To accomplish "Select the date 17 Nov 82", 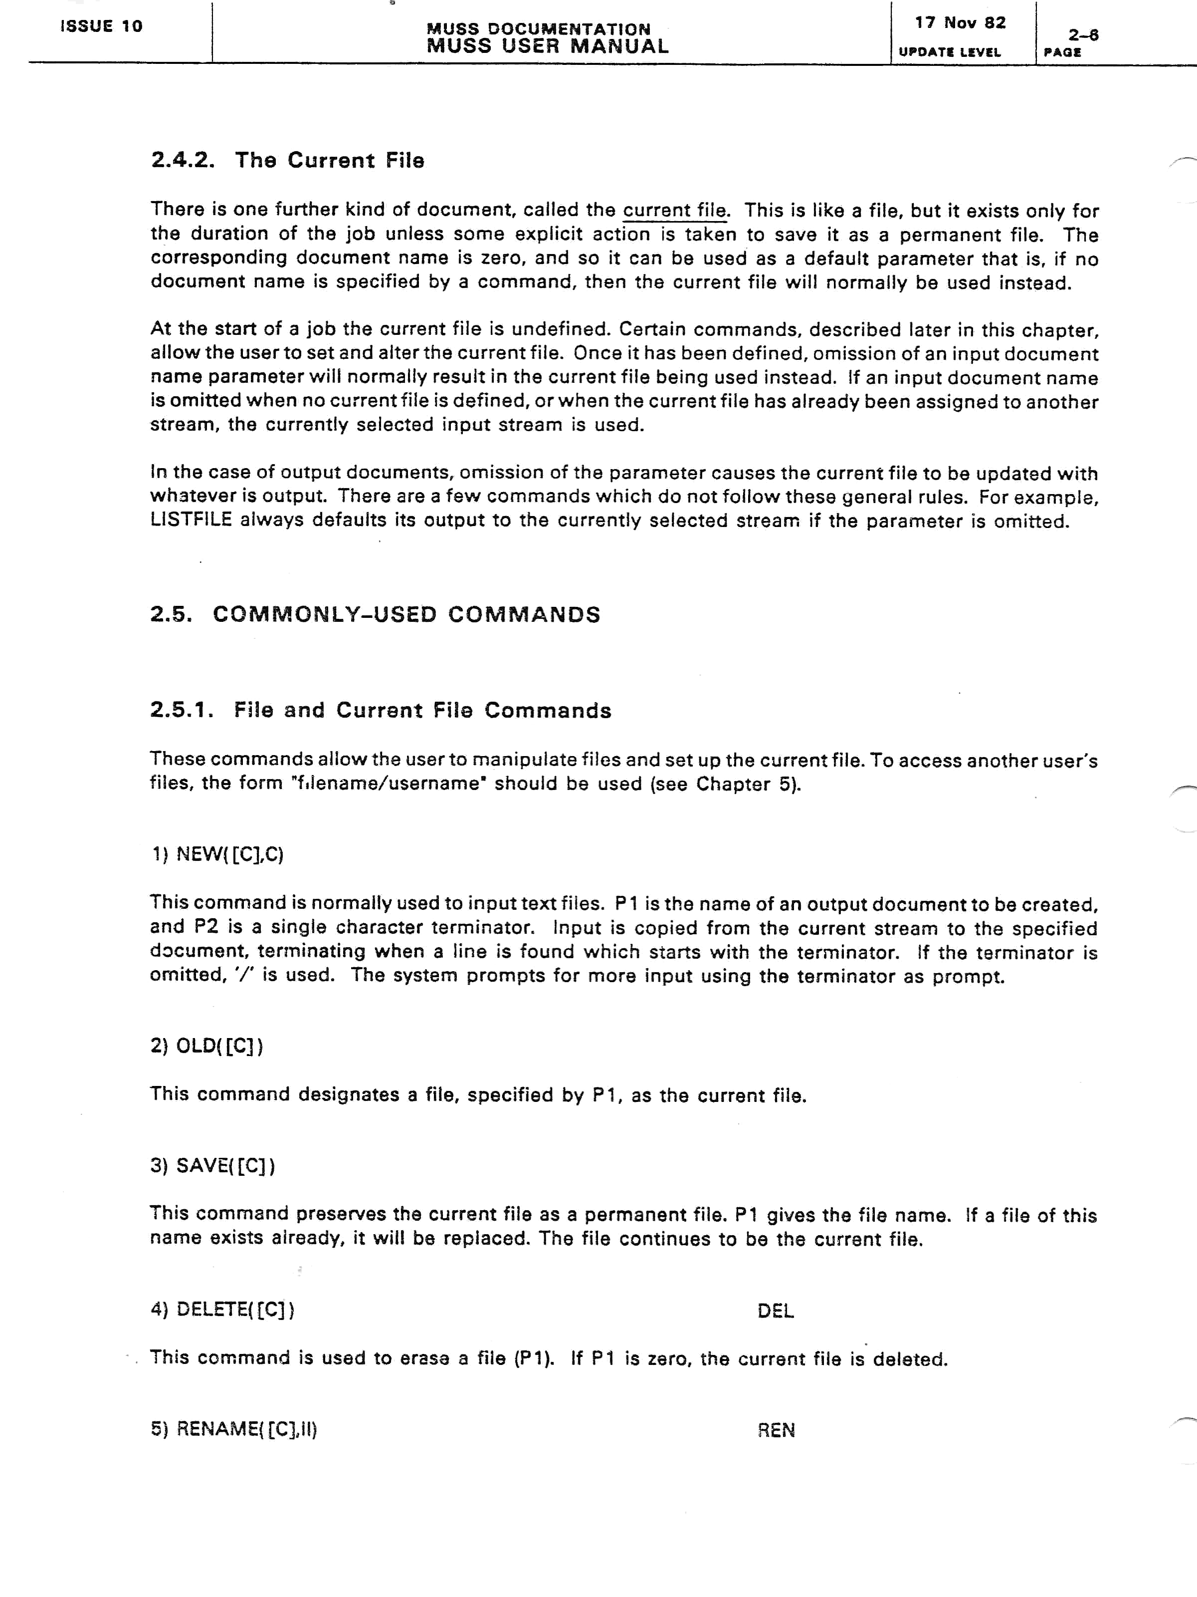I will [x=960, y=23].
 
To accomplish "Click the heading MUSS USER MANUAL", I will [x=548, y=46].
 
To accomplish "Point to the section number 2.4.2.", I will [x=183, y=160].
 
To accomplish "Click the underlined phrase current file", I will [x=675, y=211].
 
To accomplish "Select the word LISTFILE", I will [x=191, y=521].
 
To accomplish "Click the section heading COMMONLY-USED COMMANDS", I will [x=406, y=614].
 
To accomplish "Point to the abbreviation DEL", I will [x=776, y=1311].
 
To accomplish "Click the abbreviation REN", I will [x=776, y=1430].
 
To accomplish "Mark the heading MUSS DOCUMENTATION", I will [x=538, y=29].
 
